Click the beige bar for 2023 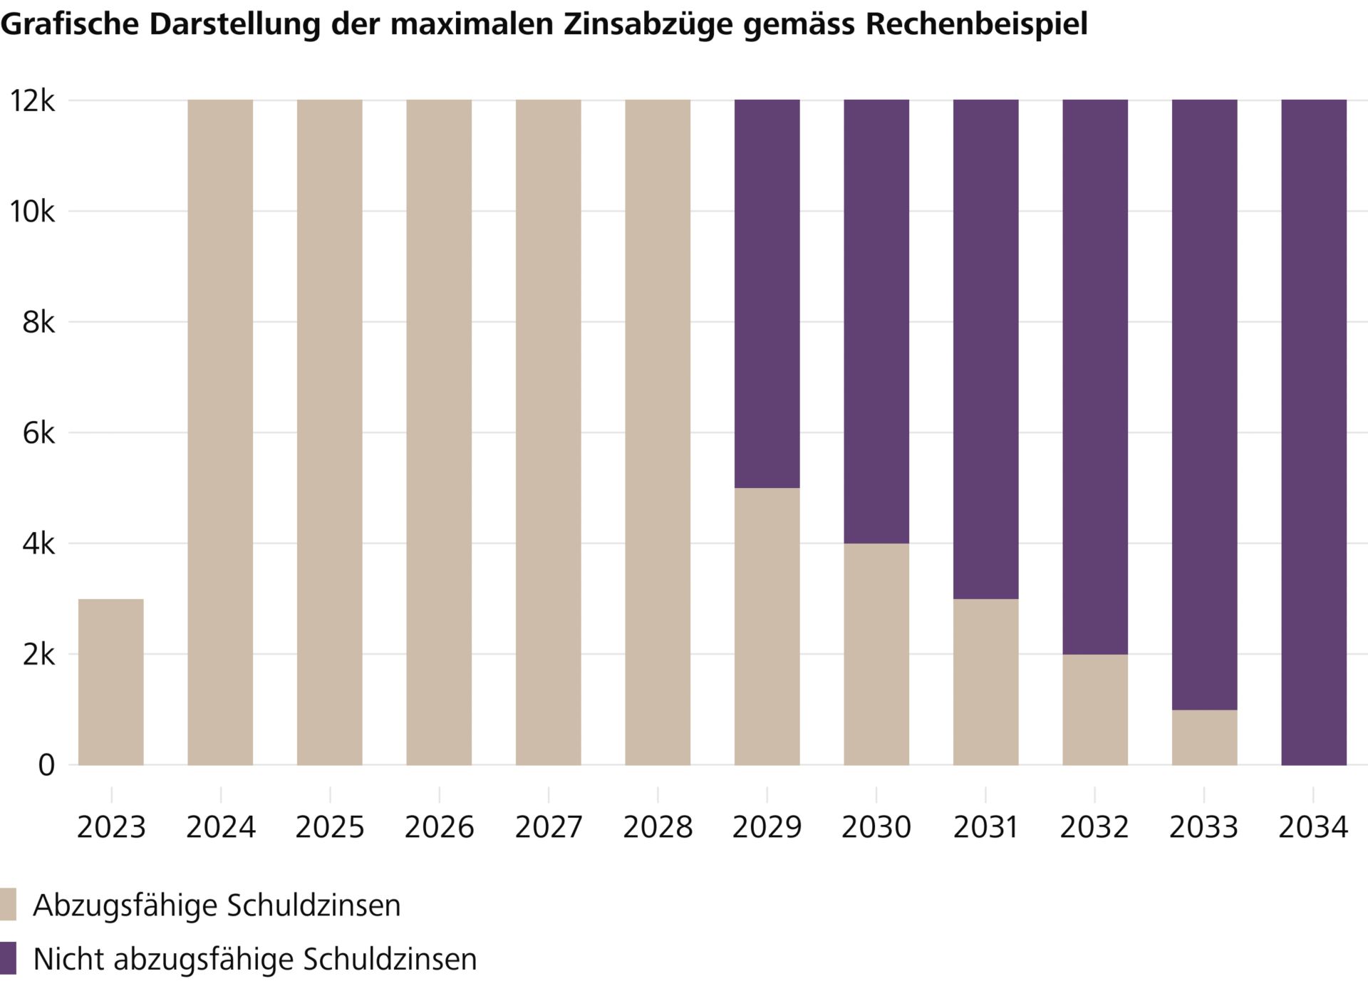point(110,682)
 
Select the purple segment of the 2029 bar point(767,294)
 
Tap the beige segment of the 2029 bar point(767,626)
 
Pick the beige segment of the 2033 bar point(1204,737)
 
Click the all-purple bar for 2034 point(1313,432)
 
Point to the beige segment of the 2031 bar point(985,682)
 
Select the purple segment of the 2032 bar point(1095,377)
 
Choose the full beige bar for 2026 point(439,432)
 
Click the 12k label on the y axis point(31,101)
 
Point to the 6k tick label point(38,433)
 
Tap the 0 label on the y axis point(46,765)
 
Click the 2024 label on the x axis point(220,827)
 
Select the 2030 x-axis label point(876,827)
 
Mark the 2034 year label point(1313,827)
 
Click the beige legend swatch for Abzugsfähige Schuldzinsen point(8,904)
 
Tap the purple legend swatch point(8,958)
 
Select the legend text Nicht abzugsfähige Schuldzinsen point(254,959)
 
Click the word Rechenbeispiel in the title point(976,24)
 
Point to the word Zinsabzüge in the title point(649,24)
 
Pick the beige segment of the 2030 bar point(876,654)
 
